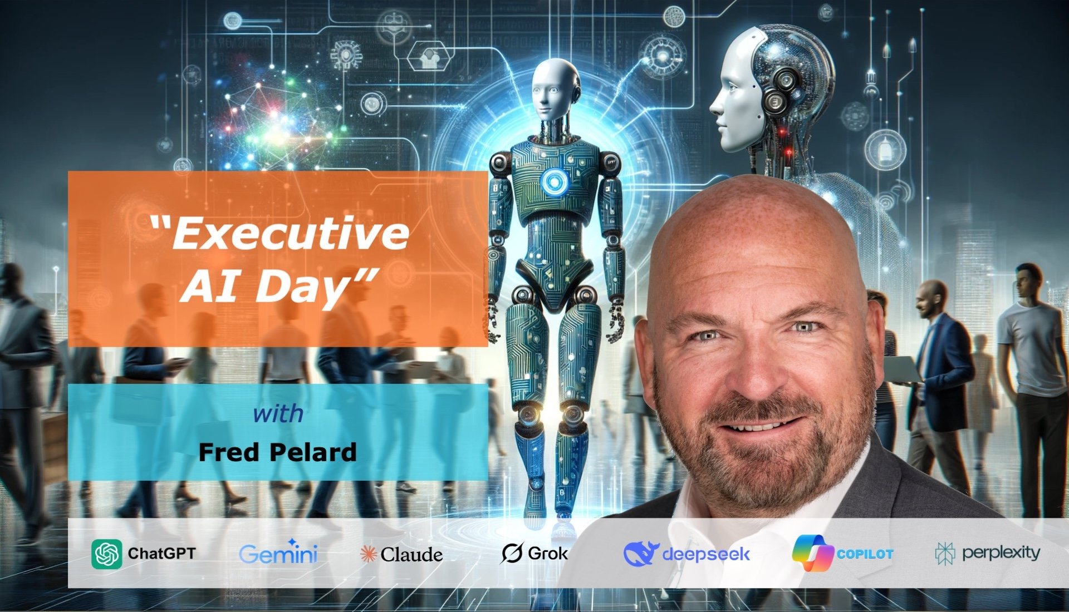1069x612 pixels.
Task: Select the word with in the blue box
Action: pos(278,414)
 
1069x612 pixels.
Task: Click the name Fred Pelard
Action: pos(277,452)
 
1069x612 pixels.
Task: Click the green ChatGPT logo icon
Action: pos(106,554)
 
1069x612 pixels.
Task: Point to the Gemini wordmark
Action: pos(278,554)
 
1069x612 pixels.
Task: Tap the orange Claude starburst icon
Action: pos(368,554)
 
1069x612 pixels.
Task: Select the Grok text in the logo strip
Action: pos(547,553)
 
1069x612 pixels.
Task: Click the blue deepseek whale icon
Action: pos(640,553)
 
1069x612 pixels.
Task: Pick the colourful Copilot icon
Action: pos(812,552)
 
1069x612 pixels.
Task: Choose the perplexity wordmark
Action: pos(1001,552)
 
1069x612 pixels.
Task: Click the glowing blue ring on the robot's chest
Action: pos(553,181)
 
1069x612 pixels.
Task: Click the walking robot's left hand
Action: pos(616,323)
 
